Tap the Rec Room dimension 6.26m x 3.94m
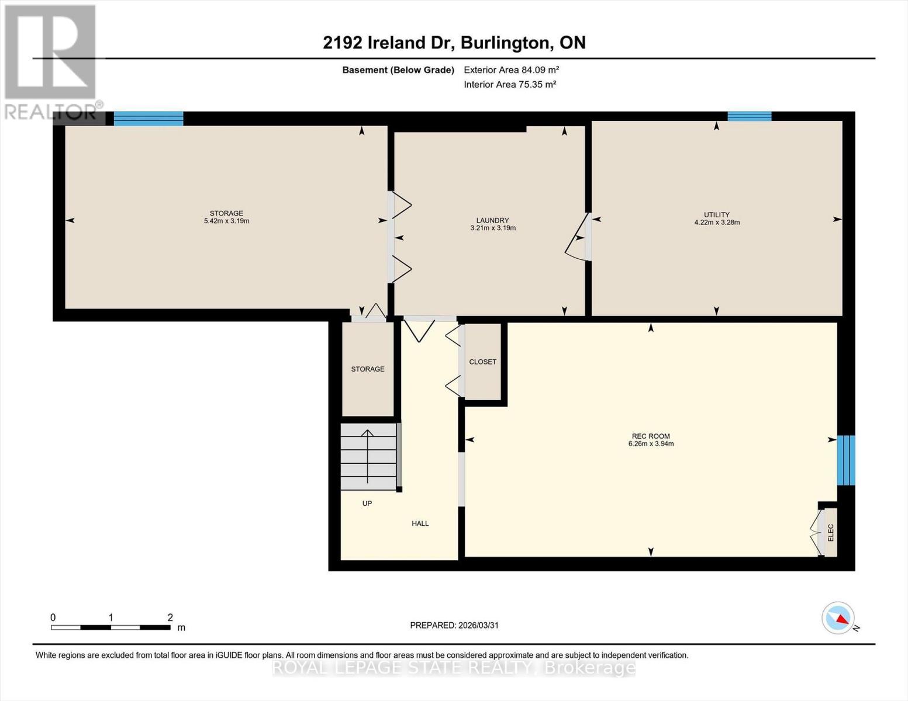(651, 444)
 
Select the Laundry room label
(492, 220)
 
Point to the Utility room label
(716, 214)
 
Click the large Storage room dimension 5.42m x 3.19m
(226, 221)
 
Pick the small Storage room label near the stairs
(368, 369)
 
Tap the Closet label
(482, 362)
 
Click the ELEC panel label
(830, 532)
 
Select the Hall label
(420, 523)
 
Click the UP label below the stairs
(367, 504)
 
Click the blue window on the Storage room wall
(149, 119)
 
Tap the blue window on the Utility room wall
(749, 116)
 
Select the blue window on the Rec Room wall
(845, 460)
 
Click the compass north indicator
(839, 618)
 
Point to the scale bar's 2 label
(170, 617)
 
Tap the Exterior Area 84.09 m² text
(511, 70)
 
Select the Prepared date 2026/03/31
(454, 625)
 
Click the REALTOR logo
(51, 61)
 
